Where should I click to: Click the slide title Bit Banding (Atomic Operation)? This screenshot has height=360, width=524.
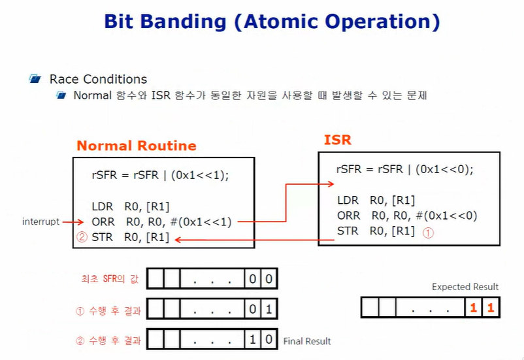tap(272, 22)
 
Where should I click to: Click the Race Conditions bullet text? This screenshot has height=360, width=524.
tap(98, 79)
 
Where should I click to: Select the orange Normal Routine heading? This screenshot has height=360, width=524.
tap(136, 146)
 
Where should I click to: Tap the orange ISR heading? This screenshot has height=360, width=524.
tap(337, 140)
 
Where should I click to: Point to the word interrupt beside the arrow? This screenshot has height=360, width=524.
tap(41, 222)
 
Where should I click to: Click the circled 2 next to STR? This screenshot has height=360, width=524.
tap(82, 238)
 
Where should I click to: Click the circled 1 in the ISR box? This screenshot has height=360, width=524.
tap(429, 231)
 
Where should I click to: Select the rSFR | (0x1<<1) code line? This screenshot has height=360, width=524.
tap(160, 175)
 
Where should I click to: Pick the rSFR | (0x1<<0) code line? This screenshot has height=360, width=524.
tap(404, 169)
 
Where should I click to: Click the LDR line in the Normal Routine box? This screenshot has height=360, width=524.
tap(131, 206)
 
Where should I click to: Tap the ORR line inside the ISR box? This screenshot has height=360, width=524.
tap(407, 216)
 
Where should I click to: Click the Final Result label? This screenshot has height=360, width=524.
tap(306, 341)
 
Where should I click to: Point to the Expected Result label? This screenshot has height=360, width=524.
tap(465, 287)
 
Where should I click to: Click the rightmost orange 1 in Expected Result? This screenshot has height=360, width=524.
tap(491, 308)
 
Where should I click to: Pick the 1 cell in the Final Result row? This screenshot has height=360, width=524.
tap(252, 340)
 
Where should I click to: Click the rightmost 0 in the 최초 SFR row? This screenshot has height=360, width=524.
tap(269, 279)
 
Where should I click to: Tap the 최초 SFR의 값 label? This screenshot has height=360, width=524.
tap(114, 280)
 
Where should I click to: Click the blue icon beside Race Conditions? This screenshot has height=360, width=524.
tap(35, 79)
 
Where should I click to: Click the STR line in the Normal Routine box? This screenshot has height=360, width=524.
tap(131, 238)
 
